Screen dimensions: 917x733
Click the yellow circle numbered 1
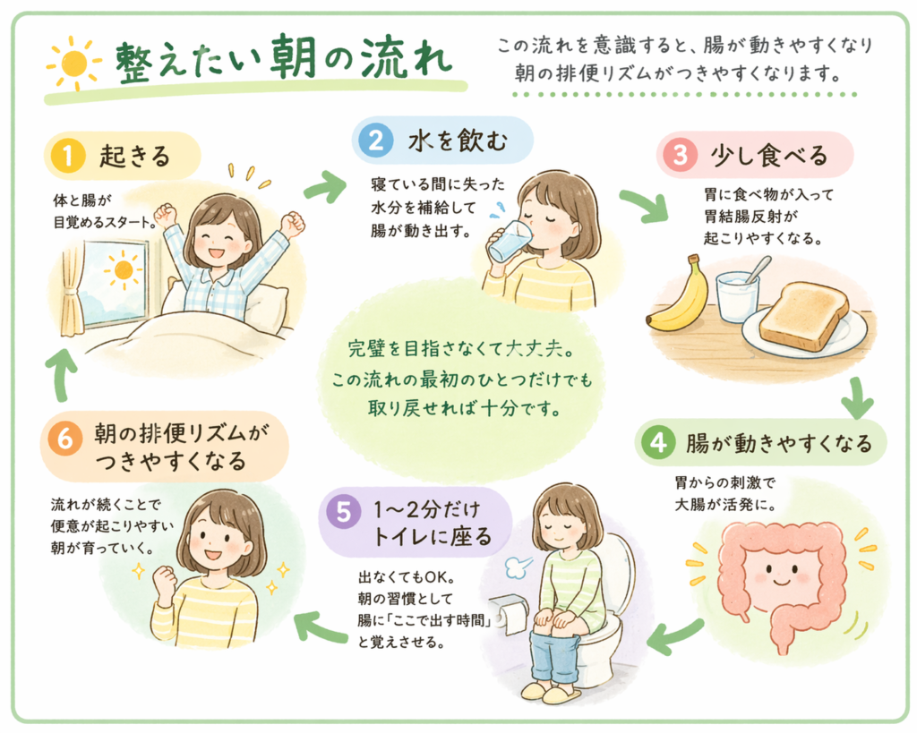click(x=68, y=156)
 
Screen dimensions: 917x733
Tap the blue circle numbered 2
click(x=376, y=141)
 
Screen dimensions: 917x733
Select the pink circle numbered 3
click(x=680, y=155)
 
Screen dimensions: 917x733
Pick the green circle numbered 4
click(x=658, y=442)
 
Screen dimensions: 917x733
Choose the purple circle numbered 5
click(x=343, y=512)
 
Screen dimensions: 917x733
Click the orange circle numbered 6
click(x=65, y=439)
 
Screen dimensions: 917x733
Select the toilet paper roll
click(x=509, y=614)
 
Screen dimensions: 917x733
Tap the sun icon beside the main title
click(x=75, y=64)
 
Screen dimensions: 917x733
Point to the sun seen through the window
click(x=124, y=270)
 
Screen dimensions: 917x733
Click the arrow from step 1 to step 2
click(x=325, y=186)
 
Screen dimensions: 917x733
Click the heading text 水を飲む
click(x=458, y=141)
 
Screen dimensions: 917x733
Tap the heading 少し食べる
click(x=769, y=156)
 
